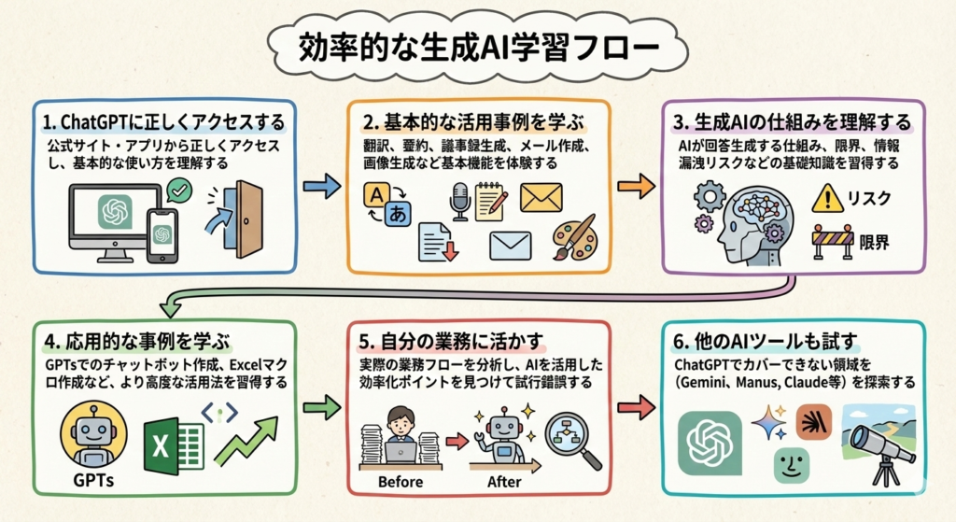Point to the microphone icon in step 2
pyautogui.click(x=458, y=200)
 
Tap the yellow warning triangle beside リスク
pyautogui.click(x=827, y=198)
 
